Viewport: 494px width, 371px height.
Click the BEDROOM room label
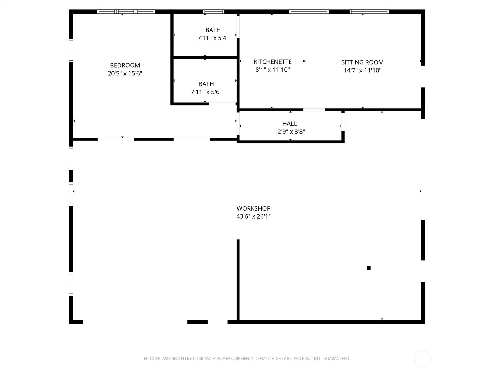tap(125, 65)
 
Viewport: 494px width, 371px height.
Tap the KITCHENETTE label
tap(273, 62)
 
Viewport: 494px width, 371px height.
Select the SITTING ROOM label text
tap(362, 62)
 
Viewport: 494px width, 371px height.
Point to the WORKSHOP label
tap(253, 208)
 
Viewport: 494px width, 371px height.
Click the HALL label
tap(290, 123)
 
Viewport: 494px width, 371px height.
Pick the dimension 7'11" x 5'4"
tap(213, 38)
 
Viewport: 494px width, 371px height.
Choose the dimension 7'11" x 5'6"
tap(206, 92)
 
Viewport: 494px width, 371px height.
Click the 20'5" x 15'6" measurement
tap(125, 74)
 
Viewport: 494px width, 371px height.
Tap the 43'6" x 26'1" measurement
tap(253, 216)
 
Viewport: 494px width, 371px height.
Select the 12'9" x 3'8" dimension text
tap(290, 132)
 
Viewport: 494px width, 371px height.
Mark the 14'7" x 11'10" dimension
tap(362, 70)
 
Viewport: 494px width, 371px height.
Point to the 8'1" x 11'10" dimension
tap(273, 70)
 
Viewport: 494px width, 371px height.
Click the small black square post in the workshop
tap(369, 268)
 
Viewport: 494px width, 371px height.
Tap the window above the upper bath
tap(214, 11)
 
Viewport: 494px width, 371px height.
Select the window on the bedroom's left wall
tap(71, 50)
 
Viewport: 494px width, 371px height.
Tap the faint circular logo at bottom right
tap(422, 358)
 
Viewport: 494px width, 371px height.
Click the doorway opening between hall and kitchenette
tap(314, 110)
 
